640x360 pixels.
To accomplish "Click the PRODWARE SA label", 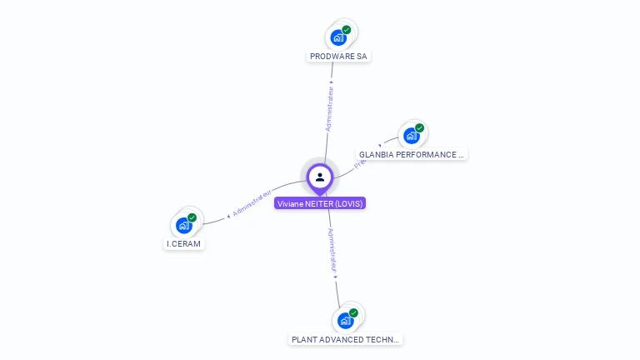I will click(338, 57).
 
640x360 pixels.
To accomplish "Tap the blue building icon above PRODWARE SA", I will click(337, 37).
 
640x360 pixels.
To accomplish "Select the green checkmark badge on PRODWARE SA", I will click(347, 30).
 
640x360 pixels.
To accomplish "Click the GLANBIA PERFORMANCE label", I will click(412, 155).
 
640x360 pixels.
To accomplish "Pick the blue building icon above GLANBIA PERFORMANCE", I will click(411, 136).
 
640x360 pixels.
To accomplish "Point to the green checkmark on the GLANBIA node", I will click(420, 128).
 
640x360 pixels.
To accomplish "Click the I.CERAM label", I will click(183, 244).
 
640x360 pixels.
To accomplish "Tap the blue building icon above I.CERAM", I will click(183, 225).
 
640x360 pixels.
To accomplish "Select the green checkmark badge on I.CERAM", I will click(192, 217).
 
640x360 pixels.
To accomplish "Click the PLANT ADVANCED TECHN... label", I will click(346, 340).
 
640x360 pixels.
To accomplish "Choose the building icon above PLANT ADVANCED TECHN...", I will click(345, 321).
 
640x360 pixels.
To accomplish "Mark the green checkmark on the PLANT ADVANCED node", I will click(354, 313).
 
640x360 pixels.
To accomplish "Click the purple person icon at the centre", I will click(320, 177).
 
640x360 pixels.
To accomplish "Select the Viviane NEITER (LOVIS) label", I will click(320, 203).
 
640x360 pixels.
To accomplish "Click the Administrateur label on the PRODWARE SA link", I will click(330, 108).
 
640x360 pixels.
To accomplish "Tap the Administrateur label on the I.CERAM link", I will click(252, 202).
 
